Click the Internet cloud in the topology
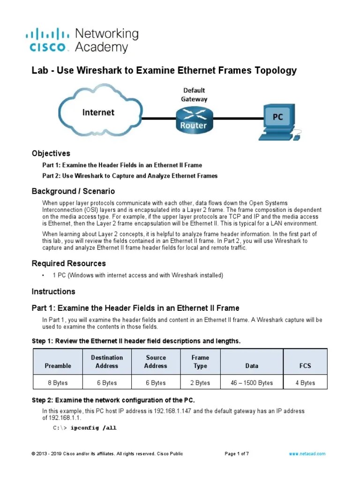pos(98,111)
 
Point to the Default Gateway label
pos(194,94)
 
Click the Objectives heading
pos(51,153)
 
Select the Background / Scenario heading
pos(73,191)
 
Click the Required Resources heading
pos(68,263)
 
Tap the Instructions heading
pos(53,292)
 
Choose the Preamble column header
pos(58,366)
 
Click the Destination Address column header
pos(107,361)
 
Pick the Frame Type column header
pos(200,361)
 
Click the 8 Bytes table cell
pos(58,383)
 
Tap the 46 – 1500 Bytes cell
pos(252,383)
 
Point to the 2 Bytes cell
pos(200,383)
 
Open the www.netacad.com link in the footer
pos(307,454)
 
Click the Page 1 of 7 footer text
pos(237,454)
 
